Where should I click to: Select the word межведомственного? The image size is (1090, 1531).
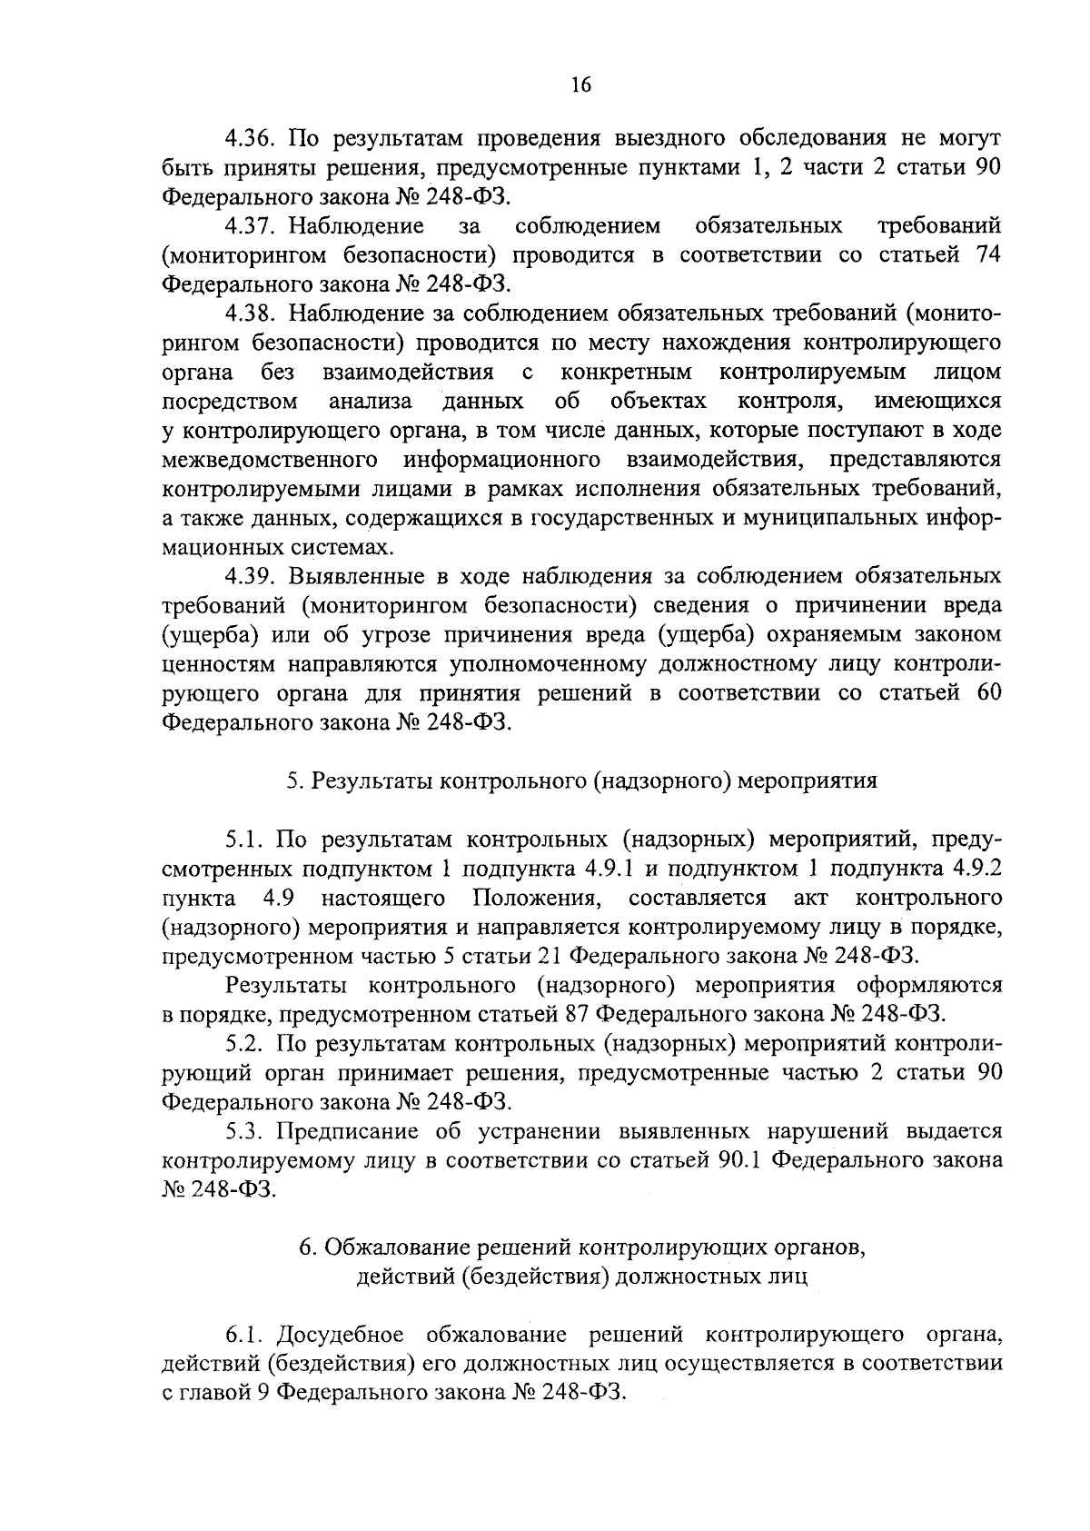pyautogui.click(x=270, y=460)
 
